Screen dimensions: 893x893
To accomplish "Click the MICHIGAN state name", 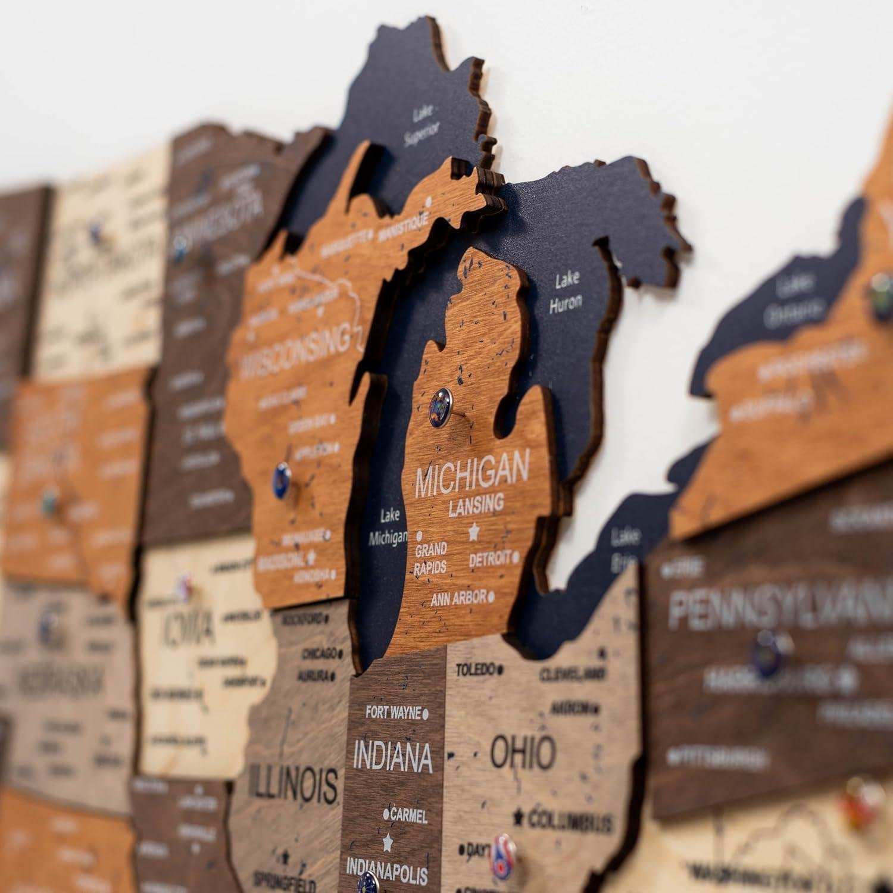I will pos(472,474).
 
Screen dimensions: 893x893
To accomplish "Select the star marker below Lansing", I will pos(474,530).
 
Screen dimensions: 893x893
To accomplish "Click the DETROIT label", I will pos(490,559).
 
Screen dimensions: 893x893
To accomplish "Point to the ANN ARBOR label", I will pos(459,597).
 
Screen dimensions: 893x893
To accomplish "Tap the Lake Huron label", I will pos(565,292).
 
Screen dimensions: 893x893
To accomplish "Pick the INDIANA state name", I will pos(392,756).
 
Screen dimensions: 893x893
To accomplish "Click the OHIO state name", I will pos(523,752).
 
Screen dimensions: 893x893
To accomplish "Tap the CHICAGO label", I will pos(319,654).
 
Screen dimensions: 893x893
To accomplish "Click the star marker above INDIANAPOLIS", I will pos(388,842).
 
